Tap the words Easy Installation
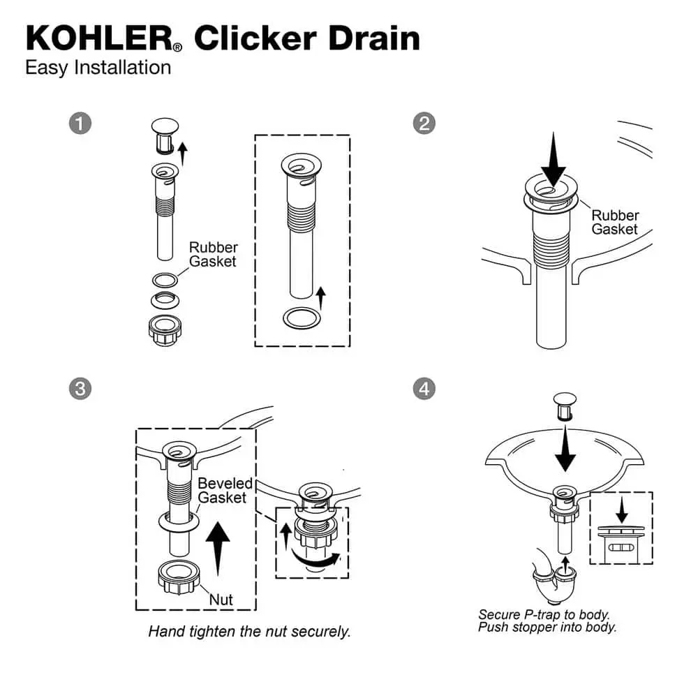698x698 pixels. pos(98,68)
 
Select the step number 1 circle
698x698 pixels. pos(80,124)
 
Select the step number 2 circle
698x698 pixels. pos(424,124)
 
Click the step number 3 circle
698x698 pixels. pos(80,388)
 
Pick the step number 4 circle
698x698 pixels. pos(424,388)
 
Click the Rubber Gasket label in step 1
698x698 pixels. pos(213,254)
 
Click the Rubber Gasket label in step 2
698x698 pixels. pos(615,222)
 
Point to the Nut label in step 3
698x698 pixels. pos(221,599)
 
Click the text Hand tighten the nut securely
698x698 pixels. pos(249,632)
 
